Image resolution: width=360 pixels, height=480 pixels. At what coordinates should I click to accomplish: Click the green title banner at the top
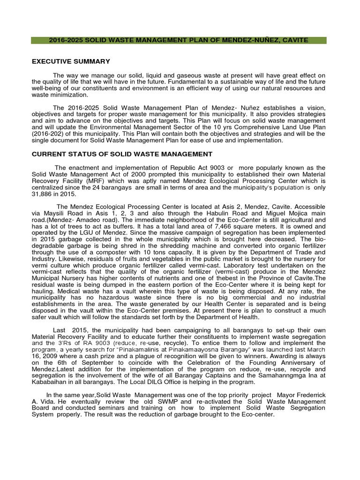179,40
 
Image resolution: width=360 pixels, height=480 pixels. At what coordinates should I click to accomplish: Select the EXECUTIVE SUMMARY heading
70,61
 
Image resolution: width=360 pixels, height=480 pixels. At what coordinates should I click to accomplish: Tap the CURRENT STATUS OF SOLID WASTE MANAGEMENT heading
121,154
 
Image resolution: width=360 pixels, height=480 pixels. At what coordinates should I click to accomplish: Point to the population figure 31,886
43,194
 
